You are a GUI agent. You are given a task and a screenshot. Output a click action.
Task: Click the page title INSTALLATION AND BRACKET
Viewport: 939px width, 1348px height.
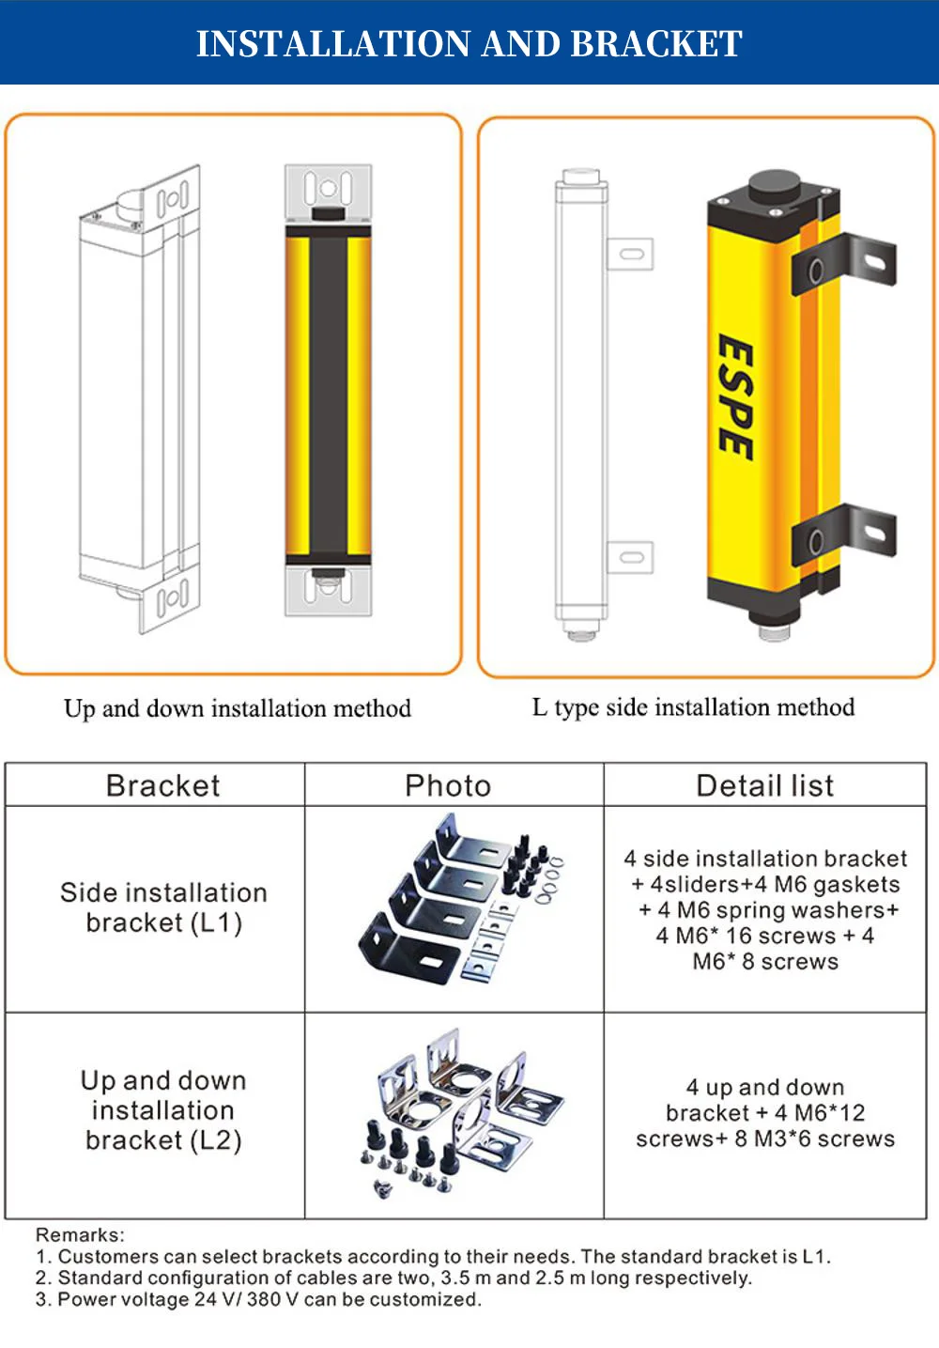coord(469,43)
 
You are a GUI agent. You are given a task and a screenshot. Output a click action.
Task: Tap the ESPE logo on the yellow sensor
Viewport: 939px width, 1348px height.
coord(734,397)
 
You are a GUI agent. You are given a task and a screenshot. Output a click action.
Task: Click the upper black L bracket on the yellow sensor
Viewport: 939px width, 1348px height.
coord(845,263)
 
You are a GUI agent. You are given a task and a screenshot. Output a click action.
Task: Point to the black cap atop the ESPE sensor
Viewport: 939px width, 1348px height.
coord(773,186)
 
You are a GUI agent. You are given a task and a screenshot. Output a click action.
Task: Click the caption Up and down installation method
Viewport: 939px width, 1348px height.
coord(237,708)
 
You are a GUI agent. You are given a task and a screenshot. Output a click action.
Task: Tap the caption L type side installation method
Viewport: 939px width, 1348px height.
coord(693,707)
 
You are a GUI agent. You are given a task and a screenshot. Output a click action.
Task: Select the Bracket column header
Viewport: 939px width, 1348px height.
coord(162,785)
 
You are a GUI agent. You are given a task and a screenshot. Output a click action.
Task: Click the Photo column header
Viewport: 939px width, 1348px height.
coord(448,785)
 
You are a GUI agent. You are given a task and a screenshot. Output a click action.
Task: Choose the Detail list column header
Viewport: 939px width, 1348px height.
coord(764,785)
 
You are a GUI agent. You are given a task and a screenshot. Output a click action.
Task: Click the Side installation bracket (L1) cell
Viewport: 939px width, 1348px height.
coord(163,907)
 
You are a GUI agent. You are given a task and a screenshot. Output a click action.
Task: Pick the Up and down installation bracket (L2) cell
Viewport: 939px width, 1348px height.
coord(163,1110)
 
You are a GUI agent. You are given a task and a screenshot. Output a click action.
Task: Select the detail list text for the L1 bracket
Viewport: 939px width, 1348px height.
coord(765,909)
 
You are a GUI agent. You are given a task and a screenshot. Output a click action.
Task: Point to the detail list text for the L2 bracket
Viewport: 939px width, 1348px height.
coord(765,1113)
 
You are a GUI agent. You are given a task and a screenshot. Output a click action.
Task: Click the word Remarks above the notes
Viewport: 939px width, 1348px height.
coord(80,1235)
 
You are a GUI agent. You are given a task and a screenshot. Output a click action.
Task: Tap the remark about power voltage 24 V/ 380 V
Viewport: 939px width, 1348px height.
coord(258,1300)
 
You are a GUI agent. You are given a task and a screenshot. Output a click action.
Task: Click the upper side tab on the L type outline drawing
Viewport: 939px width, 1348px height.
coord(630,255)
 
